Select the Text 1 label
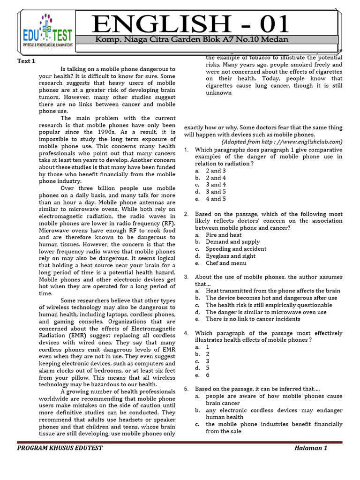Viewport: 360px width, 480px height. (x=26, y=61)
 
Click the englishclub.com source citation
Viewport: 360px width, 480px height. (x=282, y=142)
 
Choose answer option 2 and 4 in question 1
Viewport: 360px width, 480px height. (x=216, y=178)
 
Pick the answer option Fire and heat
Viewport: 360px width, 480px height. (x=224, y=235)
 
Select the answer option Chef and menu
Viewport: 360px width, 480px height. (x=225, y=263)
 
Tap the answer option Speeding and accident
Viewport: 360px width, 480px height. (x=236, y=249)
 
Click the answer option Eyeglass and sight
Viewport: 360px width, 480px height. (x=231, y=256)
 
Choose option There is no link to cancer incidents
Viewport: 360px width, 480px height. (x=253, y=319)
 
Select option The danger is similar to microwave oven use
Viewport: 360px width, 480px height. (x=266, y=312)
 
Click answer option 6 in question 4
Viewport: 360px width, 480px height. (x=208, y=375)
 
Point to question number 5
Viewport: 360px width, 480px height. (x=186, y=389)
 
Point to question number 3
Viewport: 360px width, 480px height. (x=186, y=277)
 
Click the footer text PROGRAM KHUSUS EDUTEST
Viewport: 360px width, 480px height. (x=60, y=448)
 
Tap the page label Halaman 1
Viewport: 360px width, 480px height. (x=311, y=448)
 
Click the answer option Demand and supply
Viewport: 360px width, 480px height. (x=229, y=242)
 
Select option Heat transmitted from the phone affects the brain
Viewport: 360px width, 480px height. (x=273, y=291)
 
